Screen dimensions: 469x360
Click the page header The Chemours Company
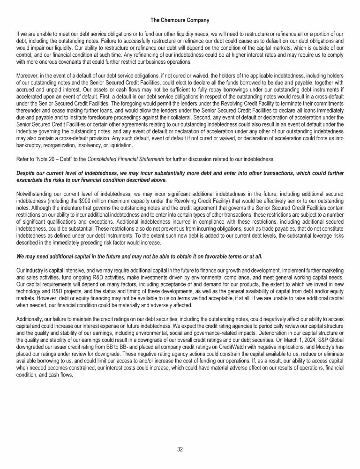point(180,20)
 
